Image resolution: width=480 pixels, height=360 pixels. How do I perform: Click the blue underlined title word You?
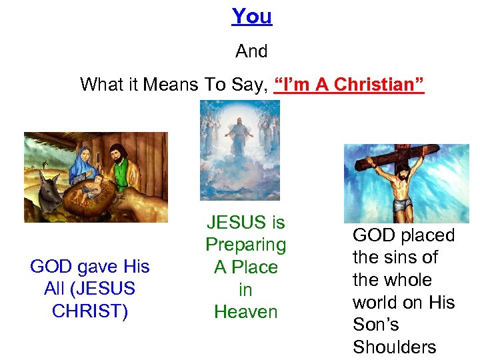point(251,16)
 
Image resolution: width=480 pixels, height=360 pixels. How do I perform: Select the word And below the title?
point(251,51)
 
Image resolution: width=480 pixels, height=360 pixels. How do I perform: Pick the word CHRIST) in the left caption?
point(89,311)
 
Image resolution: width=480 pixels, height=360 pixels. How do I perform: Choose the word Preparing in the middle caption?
point(245,245)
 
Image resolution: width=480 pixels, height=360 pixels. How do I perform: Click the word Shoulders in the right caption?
point(394,347)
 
